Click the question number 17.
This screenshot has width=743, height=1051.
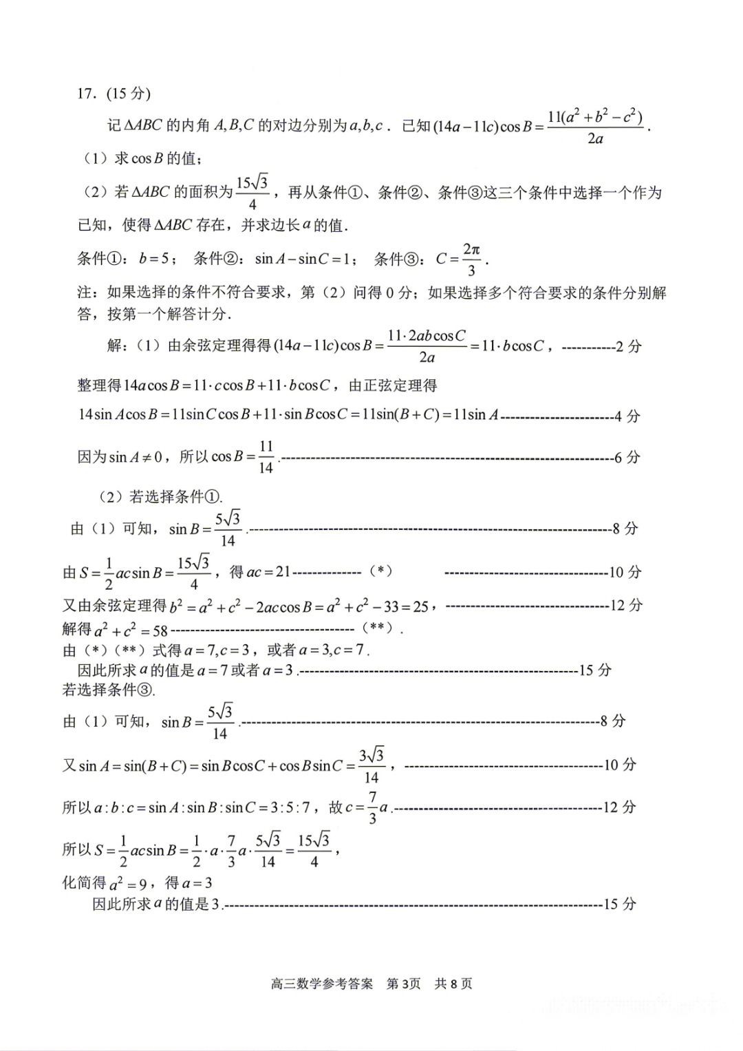(86, 94)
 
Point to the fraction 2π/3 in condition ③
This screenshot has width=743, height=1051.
(471, 259)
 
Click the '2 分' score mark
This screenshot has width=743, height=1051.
(628, 346)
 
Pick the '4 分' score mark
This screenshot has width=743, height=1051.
(627, 416)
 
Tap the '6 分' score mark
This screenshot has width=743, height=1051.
(627, 457)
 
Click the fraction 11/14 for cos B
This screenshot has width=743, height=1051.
(266, 457)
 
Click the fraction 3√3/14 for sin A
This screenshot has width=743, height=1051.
(371, 765)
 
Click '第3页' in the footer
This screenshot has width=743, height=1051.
(403, 984)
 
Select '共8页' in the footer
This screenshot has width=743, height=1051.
(453, 984)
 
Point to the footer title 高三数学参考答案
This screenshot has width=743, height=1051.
(322, 984)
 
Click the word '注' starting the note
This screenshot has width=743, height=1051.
(84, 293)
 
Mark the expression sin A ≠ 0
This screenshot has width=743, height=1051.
(136, 457)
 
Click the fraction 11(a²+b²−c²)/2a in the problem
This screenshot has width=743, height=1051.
(595, 127)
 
